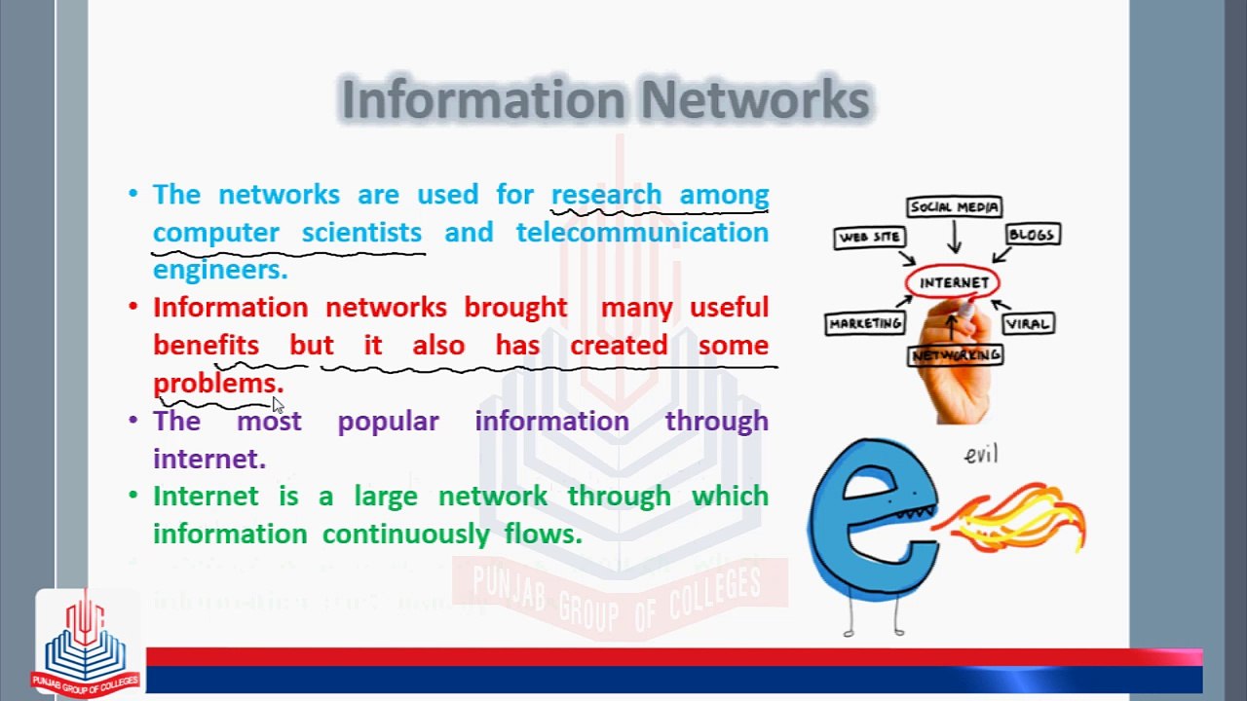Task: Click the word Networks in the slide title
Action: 755,99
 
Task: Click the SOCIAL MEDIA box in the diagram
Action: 954,206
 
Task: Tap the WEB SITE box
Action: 871,237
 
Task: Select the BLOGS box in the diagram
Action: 1031,235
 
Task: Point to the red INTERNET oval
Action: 953,282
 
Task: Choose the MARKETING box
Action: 865,323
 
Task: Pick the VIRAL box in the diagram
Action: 1028,323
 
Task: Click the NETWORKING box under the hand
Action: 956,355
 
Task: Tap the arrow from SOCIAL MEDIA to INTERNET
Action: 954,238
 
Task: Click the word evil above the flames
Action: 981,455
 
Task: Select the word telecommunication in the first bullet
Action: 642,233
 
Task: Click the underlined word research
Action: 606,195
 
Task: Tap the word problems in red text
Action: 218,383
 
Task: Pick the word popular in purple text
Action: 388,421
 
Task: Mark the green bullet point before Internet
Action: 133,496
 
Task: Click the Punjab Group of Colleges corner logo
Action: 86,643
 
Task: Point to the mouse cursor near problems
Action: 277,404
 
